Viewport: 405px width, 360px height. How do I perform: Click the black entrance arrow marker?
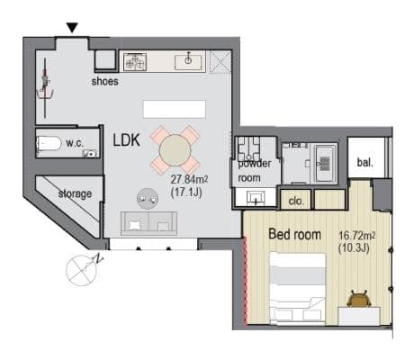pos(72,28)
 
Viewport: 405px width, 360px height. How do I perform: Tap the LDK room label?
pos(127,140)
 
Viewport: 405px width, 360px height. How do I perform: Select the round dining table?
pos(175,150)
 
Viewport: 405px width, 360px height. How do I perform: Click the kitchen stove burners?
pos(135,61)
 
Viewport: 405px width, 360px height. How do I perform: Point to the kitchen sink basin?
pos(188,61)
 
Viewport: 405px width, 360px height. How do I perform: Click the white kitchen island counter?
pos(175,109)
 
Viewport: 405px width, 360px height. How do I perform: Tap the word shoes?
pos(104,81)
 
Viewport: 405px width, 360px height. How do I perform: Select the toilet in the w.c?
pos(49,144)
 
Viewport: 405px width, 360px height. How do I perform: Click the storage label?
pos(75,193)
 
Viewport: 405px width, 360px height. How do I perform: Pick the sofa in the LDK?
pos(148,223)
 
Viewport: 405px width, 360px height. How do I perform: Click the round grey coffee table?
pos(148,199)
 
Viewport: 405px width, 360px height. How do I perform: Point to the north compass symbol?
pos(83,270)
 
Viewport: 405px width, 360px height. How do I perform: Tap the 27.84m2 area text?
pos(189,180)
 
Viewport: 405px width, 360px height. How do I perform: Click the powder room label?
pos(254,171)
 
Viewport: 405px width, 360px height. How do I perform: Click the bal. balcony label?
pos(365,163)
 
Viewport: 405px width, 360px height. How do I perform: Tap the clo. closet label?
pos(296,201)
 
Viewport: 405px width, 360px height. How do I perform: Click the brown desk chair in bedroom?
pos(359,299)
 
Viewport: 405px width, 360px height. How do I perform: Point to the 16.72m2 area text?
pos(356,236)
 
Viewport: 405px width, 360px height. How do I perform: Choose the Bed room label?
pos(295,234)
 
